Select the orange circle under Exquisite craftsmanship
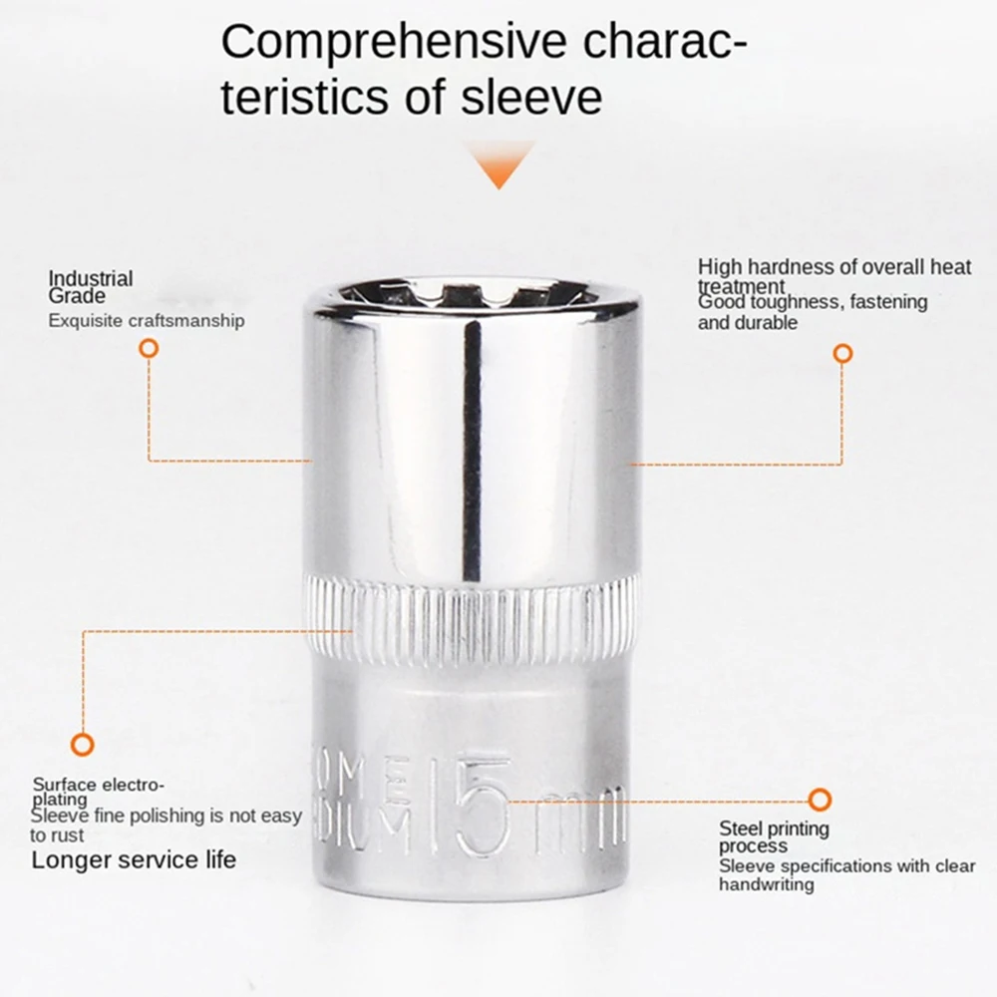[149, 348]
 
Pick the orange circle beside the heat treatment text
[842, 353]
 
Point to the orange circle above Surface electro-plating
[83, 743]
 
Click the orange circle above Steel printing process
[820, 799]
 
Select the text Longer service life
[134, 859]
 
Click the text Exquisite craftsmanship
[147, 320]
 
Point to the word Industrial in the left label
[91, 279]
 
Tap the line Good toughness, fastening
[813, 302]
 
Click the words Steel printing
[774, 829]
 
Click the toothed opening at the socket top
[474, 293]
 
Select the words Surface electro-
[99, 784]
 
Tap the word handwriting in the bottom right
[766, 884]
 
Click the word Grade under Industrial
[77, 296]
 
